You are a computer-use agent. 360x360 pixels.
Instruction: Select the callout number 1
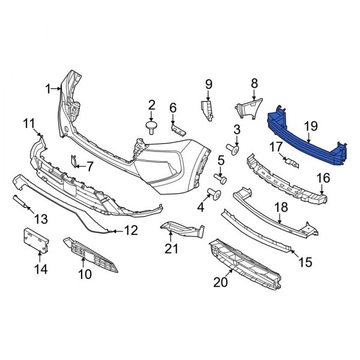[x=49, y=89]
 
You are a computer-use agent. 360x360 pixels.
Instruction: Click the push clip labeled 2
[x=150, y=126]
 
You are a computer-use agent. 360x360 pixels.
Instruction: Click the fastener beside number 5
[x=221, y=178]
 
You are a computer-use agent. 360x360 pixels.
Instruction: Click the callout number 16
[x=323, y=178]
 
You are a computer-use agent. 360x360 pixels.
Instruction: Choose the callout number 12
[x=131, y=230]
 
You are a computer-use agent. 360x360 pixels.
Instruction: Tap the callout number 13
[x=40, y=217]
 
